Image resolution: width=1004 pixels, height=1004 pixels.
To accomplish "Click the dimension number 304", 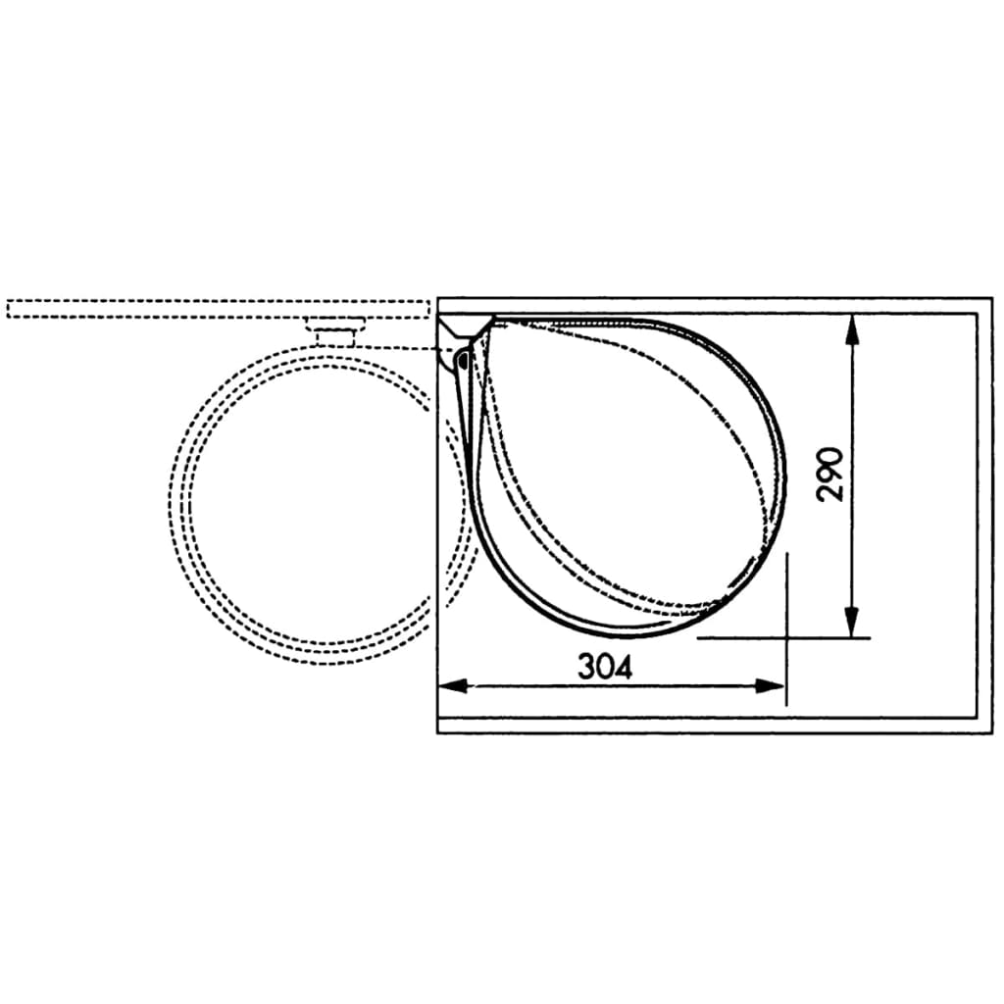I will (605, 667).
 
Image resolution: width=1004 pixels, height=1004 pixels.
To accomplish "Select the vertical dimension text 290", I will (830, 475).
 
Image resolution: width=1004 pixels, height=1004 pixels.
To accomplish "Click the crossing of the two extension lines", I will (786, 638).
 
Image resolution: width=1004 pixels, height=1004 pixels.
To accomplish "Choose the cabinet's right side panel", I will (985, 515).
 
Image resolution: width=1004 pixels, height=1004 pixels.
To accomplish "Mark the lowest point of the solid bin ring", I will (627, 633).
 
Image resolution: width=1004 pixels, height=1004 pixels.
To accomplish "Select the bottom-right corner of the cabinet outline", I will (991, 732).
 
